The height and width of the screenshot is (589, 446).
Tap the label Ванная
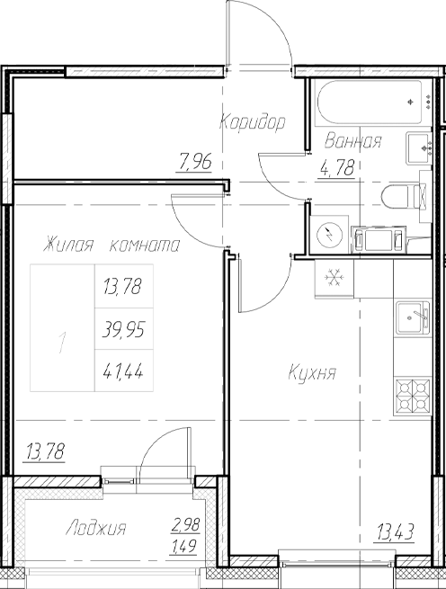pyautogui.click(x=353, y=141)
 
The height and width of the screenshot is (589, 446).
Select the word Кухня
pyautogui.click(x=312, y=372)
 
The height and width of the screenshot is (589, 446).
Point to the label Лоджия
pyautogui.click(x=95, y=529)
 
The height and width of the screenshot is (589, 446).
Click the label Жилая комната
pyautogui.click(x=110, y=245)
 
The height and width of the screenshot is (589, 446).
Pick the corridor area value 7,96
pyautogui.click(x=196, y=163)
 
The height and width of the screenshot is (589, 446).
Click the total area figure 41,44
pyautogui.click(x=123, y=368)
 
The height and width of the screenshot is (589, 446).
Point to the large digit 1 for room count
pyautogui.click(x=61, y=343)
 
